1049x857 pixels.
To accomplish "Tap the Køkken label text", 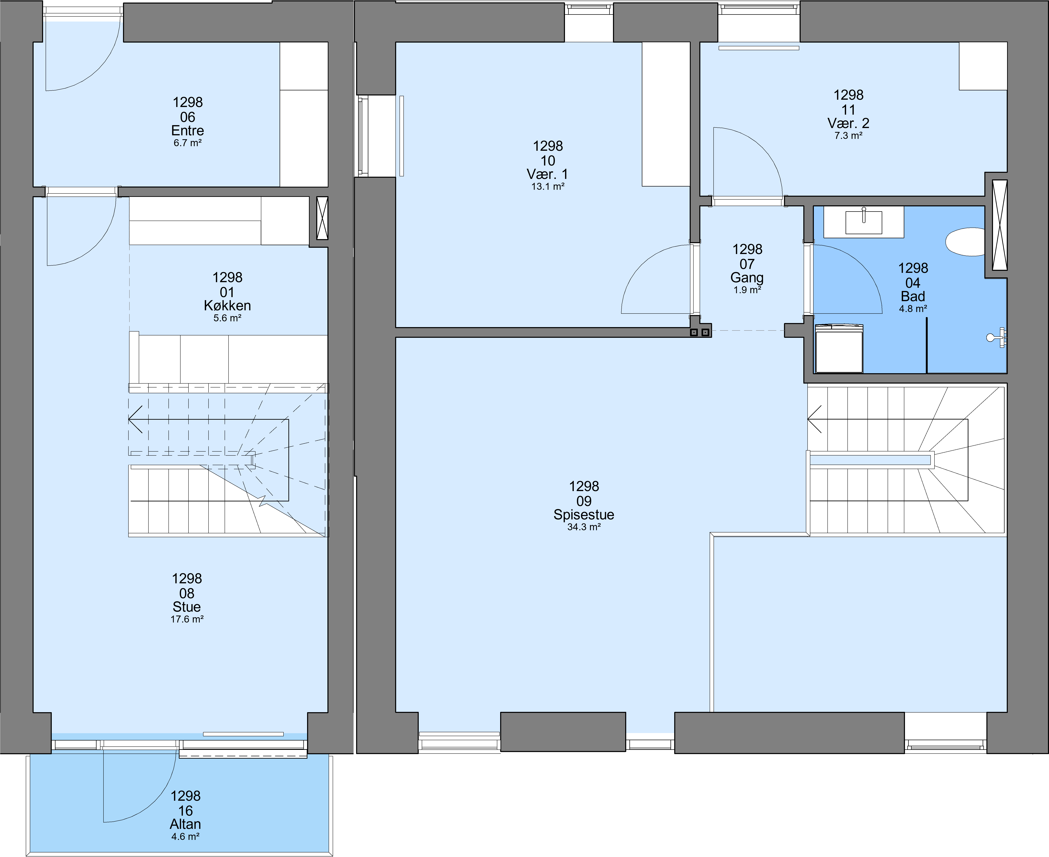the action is click(x=227, y=306).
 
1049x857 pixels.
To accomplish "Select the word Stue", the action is click(x=187, y=607).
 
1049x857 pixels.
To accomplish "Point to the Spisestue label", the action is click(x=584, y=515).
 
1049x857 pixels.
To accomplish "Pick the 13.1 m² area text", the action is click(x=548, y=187).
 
